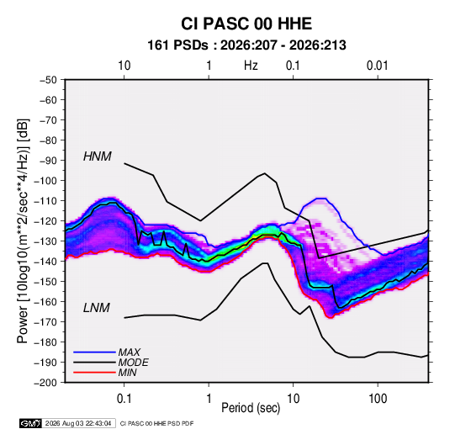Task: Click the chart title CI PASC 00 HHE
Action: click(246, 24)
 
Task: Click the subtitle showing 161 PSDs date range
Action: click(246, 45)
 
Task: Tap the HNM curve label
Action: click(98, 156)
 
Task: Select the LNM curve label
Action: click(97, 308)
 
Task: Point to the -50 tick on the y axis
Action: click(48, 80)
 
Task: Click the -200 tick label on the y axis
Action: click(45, 383)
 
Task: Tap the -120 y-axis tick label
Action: click(45, 221)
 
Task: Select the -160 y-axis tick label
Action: click(45, 302)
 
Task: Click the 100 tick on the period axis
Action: click(378, 399)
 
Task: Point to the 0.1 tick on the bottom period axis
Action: click(124, 399)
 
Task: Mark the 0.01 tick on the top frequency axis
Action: click(378, 66)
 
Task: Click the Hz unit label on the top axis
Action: click(251, 66)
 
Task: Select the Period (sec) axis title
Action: click(251, 408)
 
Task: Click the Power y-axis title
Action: click(23, 230)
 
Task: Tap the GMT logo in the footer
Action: click(30, 423)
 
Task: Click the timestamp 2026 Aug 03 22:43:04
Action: click(78, 423)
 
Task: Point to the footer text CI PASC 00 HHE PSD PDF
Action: click(156, 423)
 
